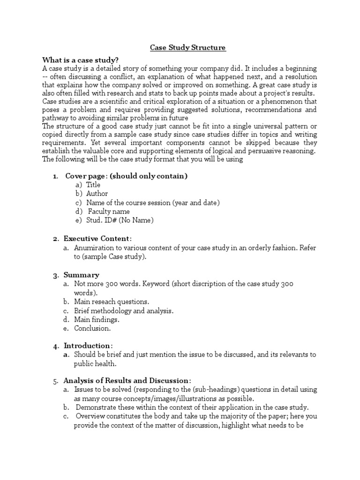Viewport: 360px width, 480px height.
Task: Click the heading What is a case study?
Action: [80, 60]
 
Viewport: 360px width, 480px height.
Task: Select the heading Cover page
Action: [126, 176]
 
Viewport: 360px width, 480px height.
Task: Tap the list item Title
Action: [93, 185]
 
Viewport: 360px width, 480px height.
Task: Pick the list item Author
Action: [97, 194]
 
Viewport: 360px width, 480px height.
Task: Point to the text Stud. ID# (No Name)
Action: [120, 220]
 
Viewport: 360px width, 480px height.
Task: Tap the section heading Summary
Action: [81, 275]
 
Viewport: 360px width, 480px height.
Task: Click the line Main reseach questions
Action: [112, 302]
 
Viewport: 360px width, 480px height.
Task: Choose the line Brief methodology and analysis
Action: [124, 311]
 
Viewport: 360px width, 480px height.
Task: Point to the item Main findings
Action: [97, 320]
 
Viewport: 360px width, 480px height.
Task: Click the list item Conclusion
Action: [92, 329]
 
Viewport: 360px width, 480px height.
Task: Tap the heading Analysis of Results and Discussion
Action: [127, 380]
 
